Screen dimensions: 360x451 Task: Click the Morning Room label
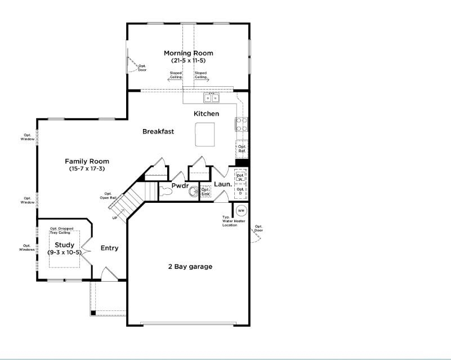coord(188,54)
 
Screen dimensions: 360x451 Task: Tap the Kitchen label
coord(206,114)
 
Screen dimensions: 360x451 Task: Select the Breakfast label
coord(158,131)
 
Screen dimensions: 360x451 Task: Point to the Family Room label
coord(87,162)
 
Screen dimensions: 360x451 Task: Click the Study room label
coord(64,245)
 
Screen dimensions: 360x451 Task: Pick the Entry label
coord(109,248)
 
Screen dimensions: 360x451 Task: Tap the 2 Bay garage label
coord(190,266)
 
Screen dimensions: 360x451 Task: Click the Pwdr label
coord(180,185)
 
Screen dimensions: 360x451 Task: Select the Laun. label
coord(223,184)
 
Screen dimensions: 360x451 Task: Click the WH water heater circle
coord(241,211)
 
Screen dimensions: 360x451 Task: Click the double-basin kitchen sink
coord(212,99)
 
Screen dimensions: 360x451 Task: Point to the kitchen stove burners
coord(241,123)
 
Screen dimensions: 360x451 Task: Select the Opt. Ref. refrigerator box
coord(242,149)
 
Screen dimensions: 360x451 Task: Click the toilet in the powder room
coord(165,192)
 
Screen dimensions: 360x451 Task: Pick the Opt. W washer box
coord(240,177)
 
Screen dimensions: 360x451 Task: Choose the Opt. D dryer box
coord(240,191)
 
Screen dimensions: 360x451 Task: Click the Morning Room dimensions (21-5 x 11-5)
coord(188,60)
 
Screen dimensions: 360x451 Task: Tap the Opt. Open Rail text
coord(109,195)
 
